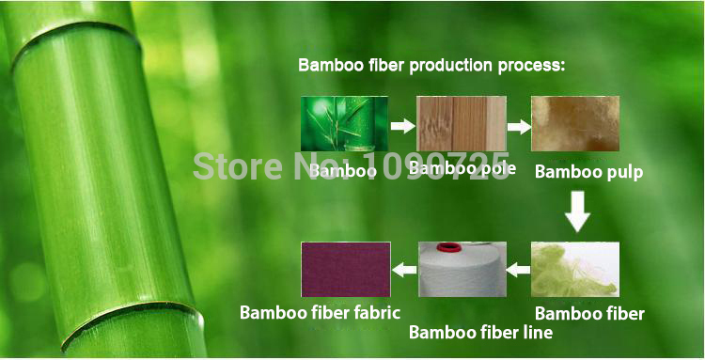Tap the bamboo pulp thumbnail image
click(575, 126)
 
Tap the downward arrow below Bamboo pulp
click(577, 212)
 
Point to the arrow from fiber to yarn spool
click(519, 271)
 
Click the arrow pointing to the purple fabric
click(404, 271)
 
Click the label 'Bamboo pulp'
click(588, 172)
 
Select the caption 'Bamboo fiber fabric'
click(320, 312)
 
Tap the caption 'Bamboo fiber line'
click(480, 332)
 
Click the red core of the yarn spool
click(454, 247)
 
